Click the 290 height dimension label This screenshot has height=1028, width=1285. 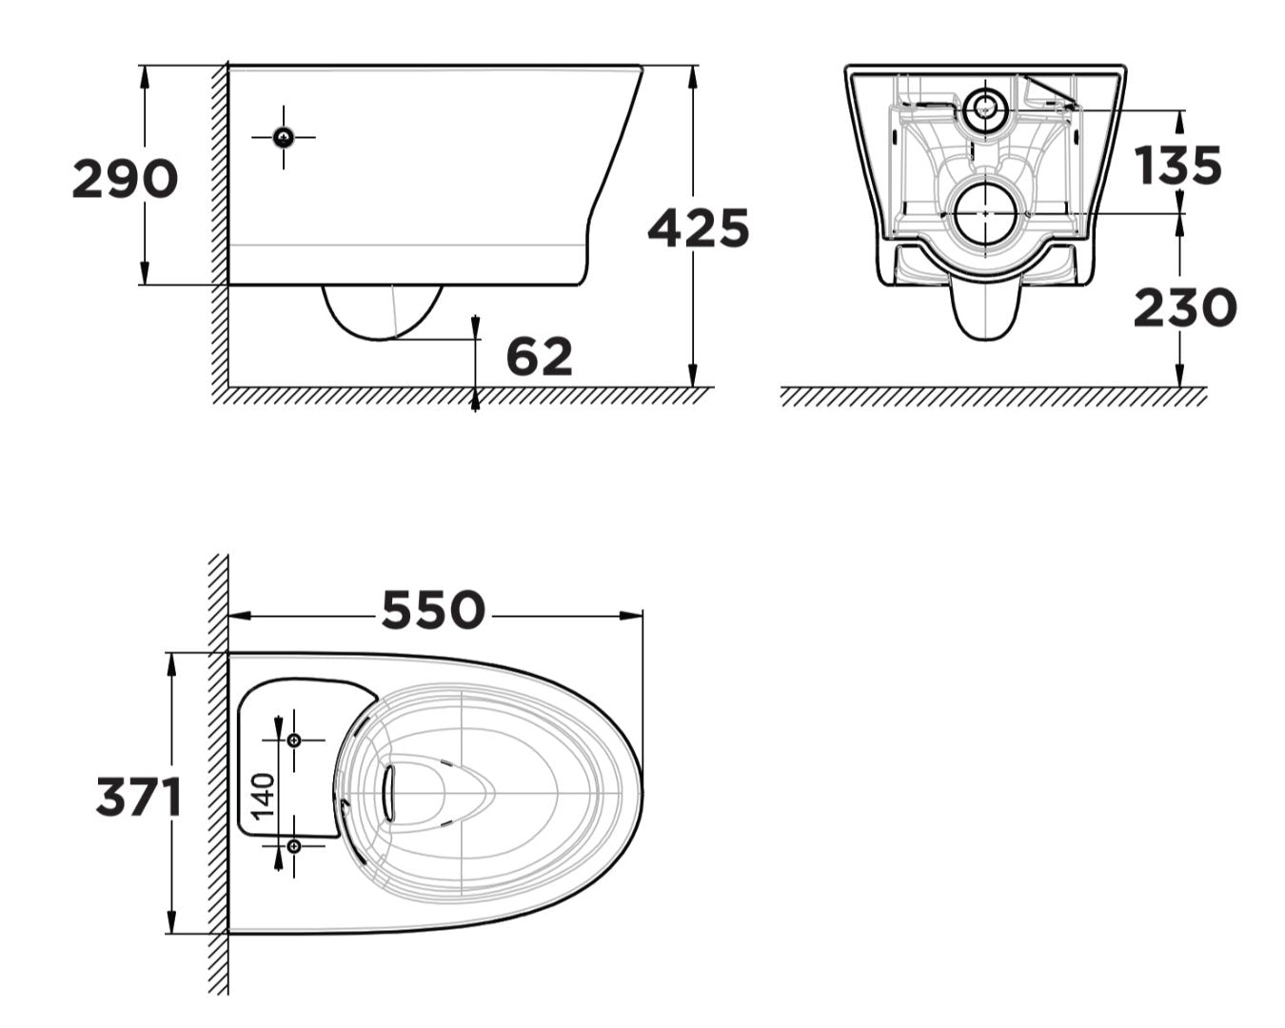125,179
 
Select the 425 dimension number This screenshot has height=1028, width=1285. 699,228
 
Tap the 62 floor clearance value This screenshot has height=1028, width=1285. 539,357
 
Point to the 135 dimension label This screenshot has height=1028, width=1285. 1177,166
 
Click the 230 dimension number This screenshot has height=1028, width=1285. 1184,308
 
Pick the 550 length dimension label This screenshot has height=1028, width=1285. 433,611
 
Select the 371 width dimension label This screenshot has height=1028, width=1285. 139,797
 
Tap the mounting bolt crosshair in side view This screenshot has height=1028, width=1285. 283,138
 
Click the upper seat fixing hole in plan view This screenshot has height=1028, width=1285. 293,740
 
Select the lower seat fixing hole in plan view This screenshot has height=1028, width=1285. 293,845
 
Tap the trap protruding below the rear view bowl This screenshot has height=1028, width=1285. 986,309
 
